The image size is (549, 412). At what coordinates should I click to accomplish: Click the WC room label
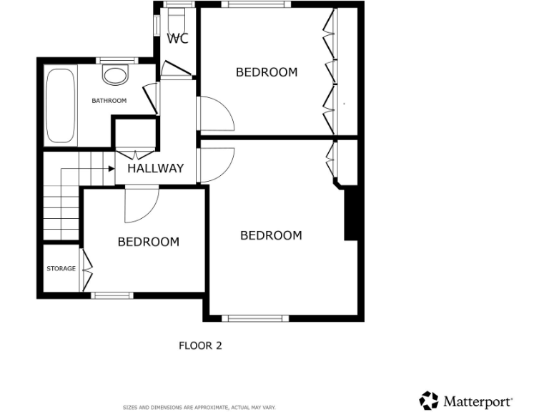(x=178, y=39)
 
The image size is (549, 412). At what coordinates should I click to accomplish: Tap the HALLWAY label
(x=155, y=169)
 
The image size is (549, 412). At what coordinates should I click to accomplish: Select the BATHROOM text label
(x=109, y=101)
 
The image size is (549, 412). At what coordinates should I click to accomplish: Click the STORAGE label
(x=61, y=269)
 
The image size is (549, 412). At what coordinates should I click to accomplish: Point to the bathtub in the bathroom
(x=61, y=106)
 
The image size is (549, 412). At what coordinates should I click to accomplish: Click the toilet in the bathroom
(x=114, y=74)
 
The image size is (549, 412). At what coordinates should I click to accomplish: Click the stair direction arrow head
(x=112, y=169)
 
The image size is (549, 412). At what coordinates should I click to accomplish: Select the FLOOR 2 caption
(x=200, y=345)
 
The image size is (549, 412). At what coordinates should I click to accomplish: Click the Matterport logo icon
(x=429, y=401)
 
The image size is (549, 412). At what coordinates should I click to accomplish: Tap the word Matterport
(x=478, y=401)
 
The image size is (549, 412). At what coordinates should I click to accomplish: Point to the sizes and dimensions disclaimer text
(x=199, y=408)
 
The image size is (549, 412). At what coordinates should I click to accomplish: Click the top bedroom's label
(x=267, y=72)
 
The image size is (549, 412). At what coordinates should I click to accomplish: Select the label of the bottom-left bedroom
(x=148, y=242)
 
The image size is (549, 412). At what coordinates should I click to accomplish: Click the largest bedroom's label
(x=271, y=235)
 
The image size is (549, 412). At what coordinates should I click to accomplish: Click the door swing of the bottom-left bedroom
(x=140, y=204)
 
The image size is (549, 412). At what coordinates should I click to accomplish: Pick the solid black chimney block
(x=350, y=214)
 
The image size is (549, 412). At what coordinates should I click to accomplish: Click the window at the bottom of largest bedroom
(x=254, y=318)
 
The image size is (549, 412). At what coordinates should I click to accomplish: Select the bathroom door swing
(x=151, y=99)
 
